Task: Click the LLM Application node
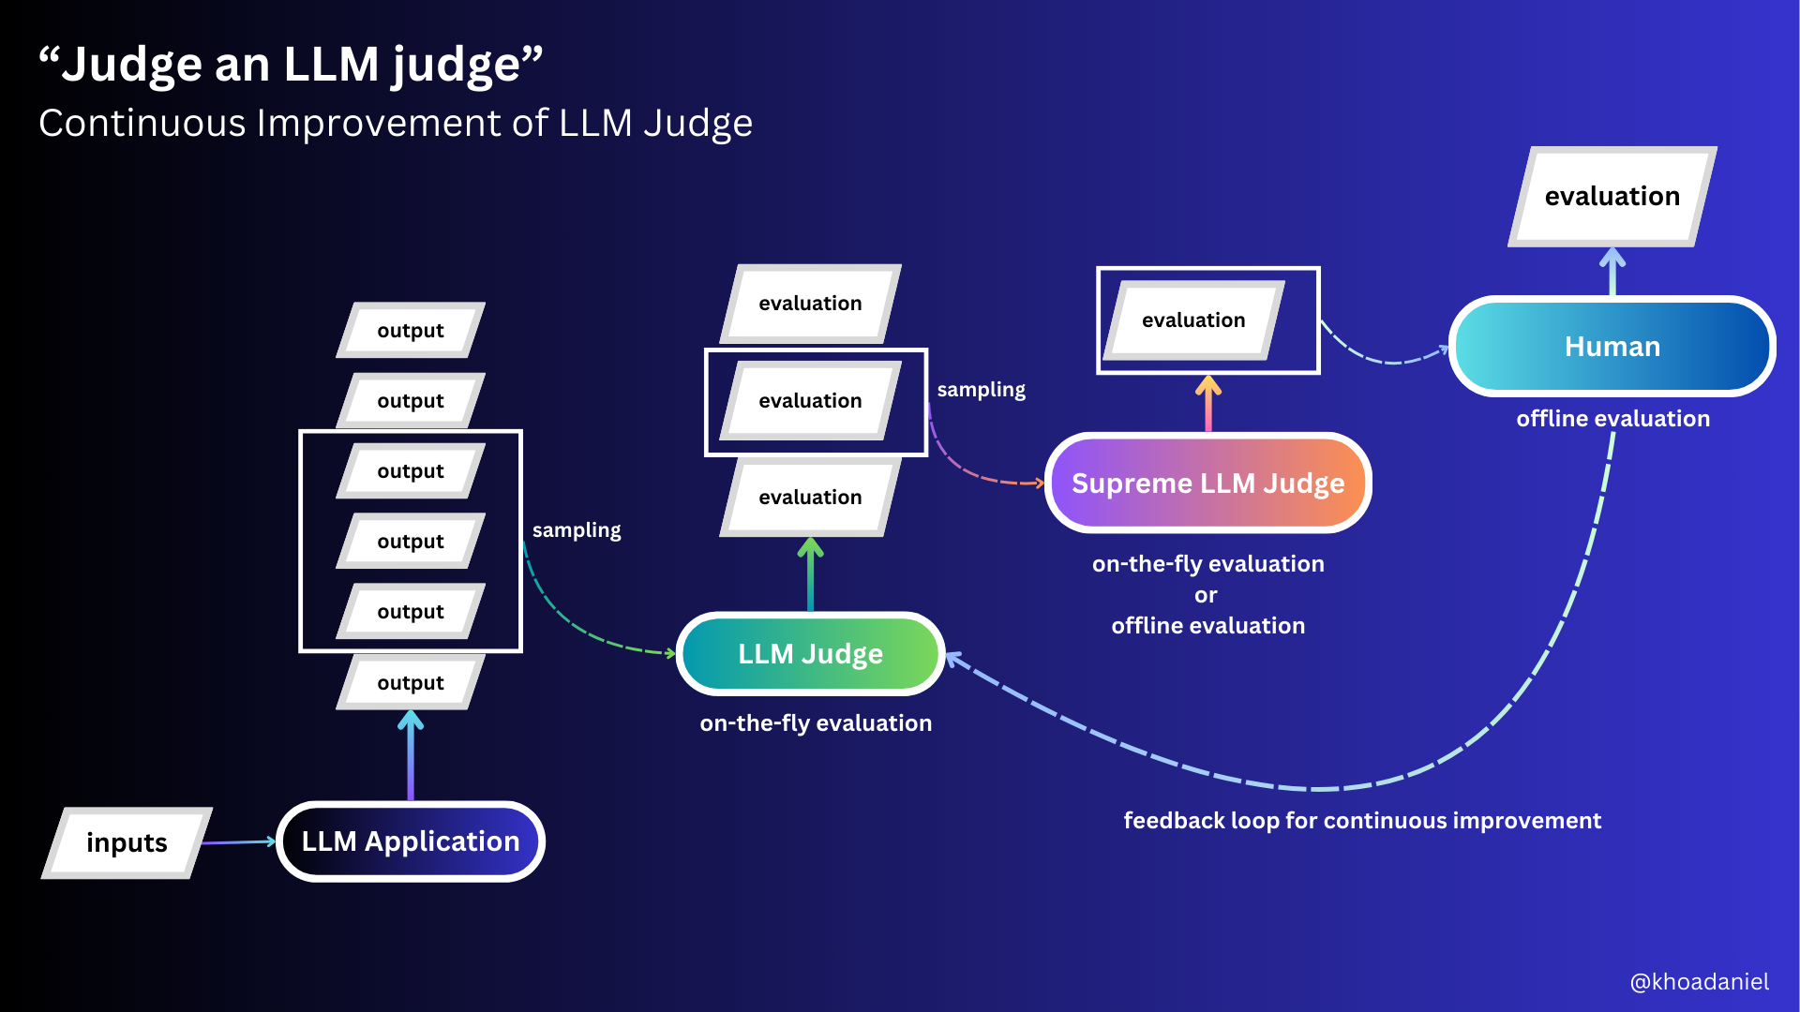pyautogui.click(x=411, y=841)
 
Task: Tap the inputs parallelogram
pyautogui.click(x=127, y=842)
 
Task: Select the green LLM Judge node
pyautogui.click(x=810, y=654)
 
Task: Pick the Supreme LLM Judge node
pyautogui.click(x=1207, y=484)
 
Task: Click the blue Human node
pyautogui.click(x=1612, y=347)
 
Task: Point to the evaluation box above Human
pyautogui.click(x=1612, y=196)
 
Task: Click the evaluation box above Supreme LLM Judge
pyautogui.click(x=1192, y=320)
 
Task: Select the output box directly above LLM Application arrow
pyautogui.click(x=411, y=682)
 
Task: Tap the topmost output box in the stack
pyautogui.click(x=411, y=330)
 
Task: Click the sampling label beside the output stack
pyautogui.click(x=577, y=530)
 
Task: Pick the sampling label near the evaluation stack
pyautogui.click(x=981, y=390)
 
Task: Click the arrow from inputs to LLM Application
pyautogui.click(x=238, y=842)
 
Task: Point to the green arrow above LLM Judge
pyautogui.click(x=811, y=574)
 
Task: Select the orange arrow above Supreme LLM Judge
pyautogui.click(x=1208, y=403)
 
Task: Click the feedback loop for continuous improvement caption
pyautogui.click(x=1362, y=821)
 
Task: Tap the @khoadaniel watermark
pyautogui.click(x=1699, y=982)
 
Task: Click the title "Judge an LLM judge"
pyautogui.click(x=291, y=65)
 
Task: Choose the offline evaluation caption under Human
pyautogui.click(x=1612, y=419)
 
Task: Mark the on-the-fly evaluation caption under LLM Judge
pyautogui.click(x=816, y=723)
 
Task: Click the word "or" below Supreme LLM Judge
pyautogui.click(x=1206, y=595)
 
